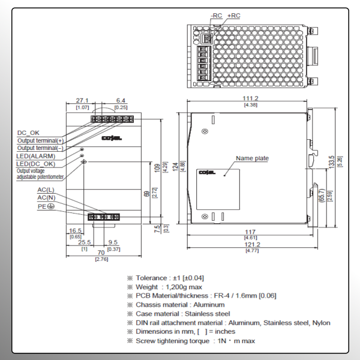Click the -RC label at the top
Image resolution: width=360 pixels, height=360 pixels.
[216, 16]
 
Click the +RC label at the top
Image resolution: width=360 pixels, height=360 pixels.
[233, 16]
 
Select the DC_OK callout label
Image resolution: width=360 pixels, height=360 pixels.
[29, 133]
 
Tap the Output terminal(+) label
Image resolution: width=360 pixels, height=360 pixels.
[40, 140]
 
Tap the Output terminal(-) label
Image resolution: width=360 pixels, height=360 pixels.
[40, 148]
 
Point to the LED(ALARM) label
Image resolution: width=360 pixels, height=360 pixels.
[35, 156]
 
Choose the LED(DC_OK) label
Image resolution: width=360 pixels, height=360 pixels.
[35, 163]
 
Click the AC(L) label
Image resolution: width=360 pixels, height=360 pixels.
[46, 190]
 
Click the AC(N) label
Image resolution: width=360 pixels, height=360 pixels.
[46, 197]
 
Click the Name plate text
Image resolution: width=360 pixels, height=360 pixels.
[252, 158]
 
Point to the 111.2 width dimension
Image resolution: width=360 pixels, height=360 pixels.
[250, 98]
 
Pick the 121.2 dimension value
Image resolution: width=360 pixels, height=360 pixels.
[251, 244]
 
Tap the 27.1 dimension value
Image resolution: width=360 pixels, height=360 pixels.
[82, 101]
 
